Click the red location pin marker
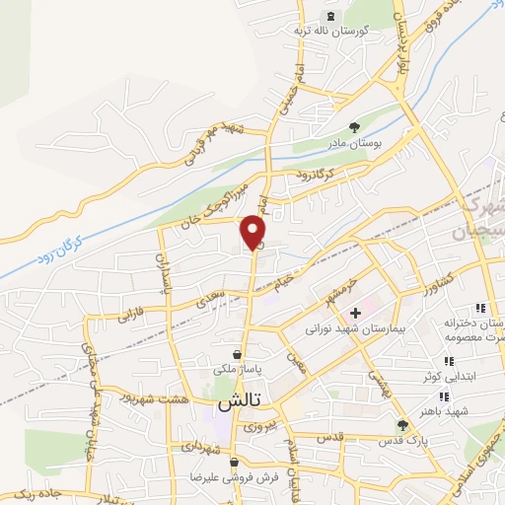click(254, 232)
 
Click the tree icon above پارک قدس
click(401, 425)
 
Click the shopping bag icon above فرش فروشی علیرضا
click(232, 462)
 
